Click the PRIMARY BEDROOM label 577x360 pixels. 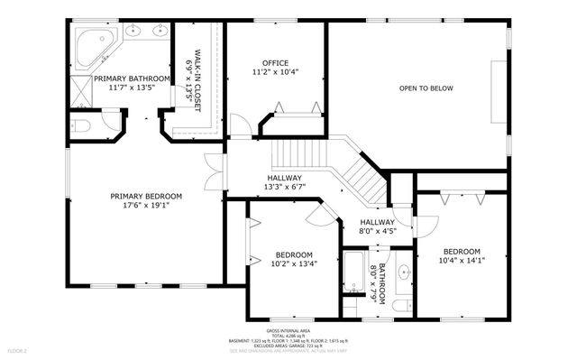146,196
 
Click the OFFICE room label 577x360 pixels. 274,62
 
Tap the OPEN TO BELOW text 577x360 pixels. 426,88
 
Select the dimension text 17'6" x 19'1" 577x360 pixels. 146,205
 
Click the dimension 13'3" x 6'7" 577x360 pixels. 285,187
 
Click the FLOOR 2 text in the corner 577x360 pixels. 17,349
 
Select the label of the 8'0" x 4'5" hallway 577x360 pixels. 377,222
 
